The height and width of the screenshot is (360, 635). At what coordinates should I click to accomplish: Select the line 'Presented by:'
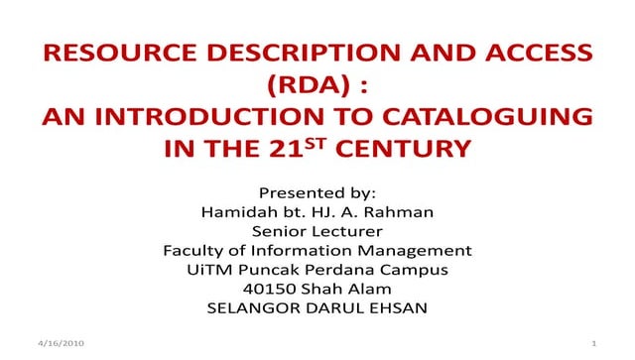(x=317, y=191)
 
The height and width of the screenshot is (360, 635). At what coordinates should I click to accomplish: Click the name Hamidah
(x=236, y=211)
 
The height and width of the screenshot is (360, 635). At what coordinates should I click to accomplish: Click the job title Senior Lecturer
(x=317, y=230)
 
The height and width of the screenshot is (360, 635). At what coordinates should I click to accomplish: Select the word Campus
(x=415, y=269)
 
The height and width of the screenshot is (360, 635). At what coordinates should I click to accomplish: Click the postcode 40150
(x=277, y=288)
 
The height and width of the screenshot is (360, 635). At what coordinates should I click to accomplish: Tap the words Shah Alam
(x=343, y=288)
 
